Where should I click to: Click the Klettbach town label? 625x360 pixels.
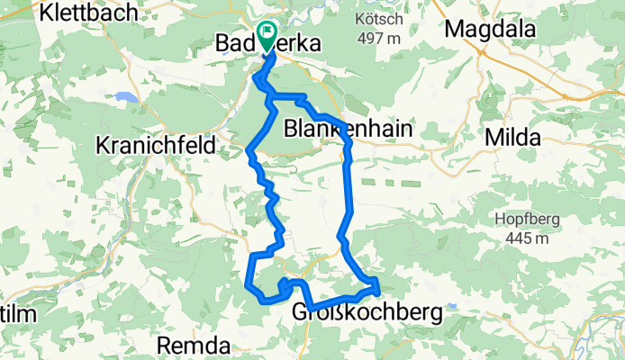pos(88,12)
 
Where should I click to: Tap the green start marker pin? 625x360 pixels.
pos(267,35)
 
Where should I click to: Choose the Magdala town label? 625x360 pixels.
pos(492,29)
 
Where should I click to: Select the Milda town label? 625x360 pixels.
pos(512,138)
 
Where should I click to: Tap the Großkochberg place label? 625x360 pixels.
pos(367,313)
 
